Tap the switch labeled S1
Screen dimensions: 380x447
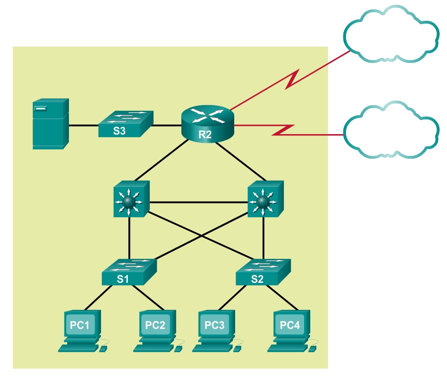[x=129, y=272]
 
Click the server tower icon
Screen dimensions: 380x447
[x=50, y=124]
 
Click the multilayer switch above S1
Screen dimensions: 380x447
[x=130, y=199]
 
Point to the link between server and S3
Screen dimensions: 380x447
[x=83, y=125]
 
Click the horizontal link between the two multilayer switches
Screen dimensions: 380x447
[x=198, y=202]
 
